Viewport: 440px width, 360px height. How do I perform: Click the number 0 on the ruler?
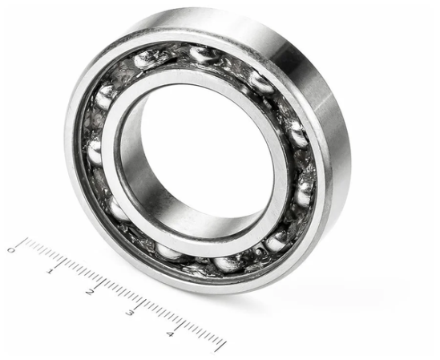point(11,250)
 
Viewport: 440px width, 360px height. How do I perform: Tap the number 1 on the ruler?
point(50,271)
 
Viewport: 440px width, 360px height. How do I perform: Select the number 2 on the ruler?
point(90,292)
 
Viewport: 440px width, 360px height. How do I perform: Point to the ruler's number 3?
point(129,313)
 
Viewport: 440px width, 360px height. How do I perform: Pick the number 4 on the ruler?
point(169,334)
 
